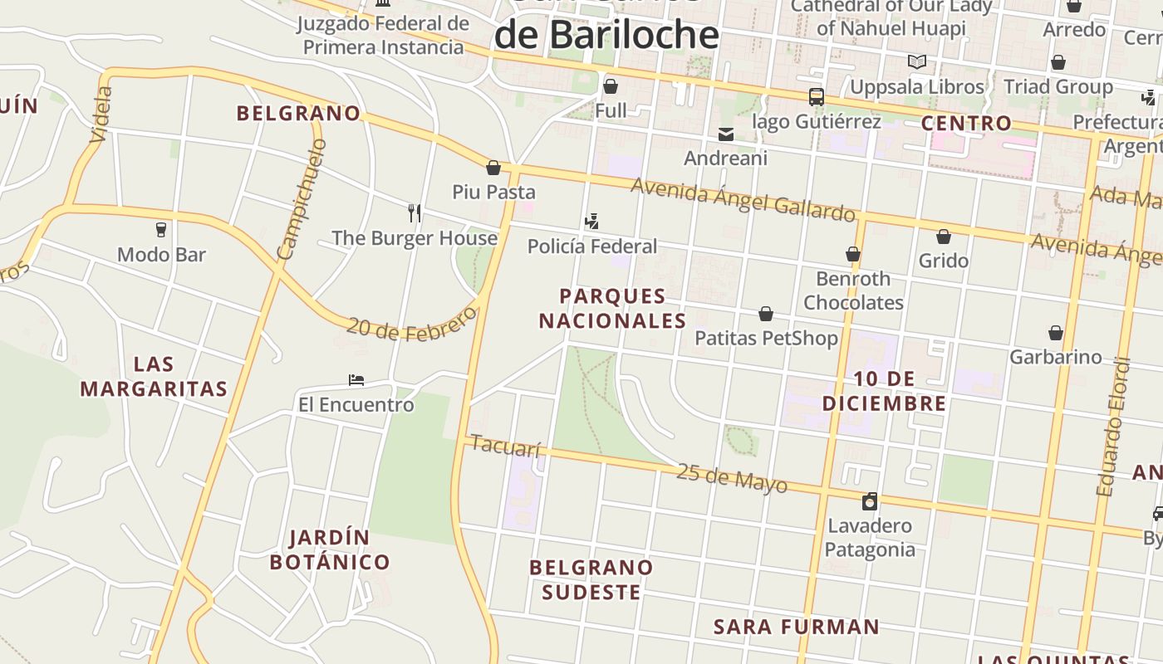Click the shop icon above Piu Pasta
pos(493,168)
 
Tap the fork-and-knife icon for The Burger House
pos(415,213)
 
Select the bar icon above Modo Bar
pos(161,230)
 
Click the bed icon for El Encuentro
pos(356,380)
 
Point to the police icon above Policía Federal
pos(591,222)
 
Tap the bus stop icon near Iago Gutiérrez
pos(817,97)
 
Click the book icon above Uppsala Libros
pos(916,62)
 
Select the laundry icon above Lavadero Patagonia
pos(870,501)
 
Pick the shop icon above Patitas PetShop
pos(766,314)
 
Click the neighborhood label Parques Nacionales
pos(613,309)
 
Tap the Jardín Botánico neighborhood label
pos(330,549)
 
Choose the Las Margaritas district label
pos(154,376)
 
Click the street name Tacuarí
pos(505,447)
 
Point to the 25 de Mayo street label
pos(731,477)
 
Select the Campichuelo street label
pos(302,199)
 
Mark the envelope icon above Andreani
pos(726,134)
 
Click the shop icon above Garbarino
pos(1055,333)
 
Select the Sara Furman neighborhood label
pos(796,627)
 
